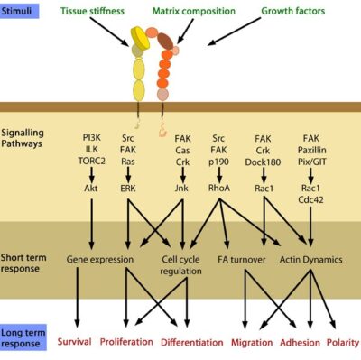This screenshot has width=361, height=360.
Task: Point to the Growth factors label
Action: coord(292,14)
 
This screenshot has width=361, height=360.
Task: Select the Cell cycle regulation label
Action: coord(181,265)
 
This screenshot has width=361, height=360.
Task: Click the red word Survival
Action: coord(74,342)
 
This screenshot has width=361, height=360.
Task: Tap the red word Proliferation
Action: coord(126,342)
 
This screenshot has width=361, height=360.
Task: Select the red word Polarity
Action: coord(343,342)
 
